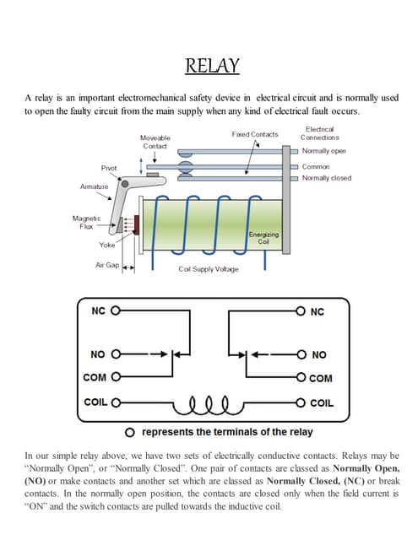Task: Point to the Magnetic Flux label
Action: pos(87,222)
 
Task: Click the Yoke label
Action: pos(107,245)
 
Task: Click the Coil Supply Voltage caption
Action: pos(209,269)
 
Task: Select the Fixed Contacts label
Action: pos(254,134)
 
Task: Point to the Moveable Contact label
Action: pos(155,142)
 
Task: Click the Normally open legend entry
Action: pos(323,151)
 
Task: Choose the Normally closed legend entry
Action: pos(326,178)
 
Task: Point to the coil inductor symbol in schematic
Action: pos(208,402)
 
